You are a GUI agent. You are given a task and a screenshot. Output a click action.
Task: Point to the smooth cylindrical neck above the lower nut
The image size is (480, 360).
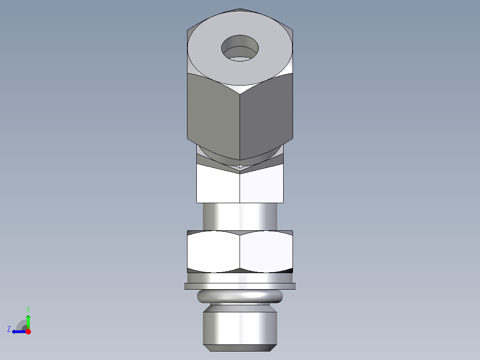click(x=240, y=217)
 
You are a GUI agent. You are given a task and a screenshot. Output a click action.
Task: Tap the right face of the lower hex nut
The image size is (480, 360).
click(x=266, y=251)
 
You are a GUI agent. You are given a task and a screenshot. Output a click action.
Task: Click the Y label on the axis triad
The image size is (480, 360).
click(x=28, y=309)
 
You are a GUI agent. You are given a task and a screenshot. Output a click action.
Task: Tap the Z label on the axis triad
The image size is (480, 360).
click(x=9, y=329)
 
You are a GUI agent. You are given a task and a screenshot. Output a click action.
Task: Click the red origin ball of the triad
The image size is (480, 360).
click(x=28, y=331)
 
